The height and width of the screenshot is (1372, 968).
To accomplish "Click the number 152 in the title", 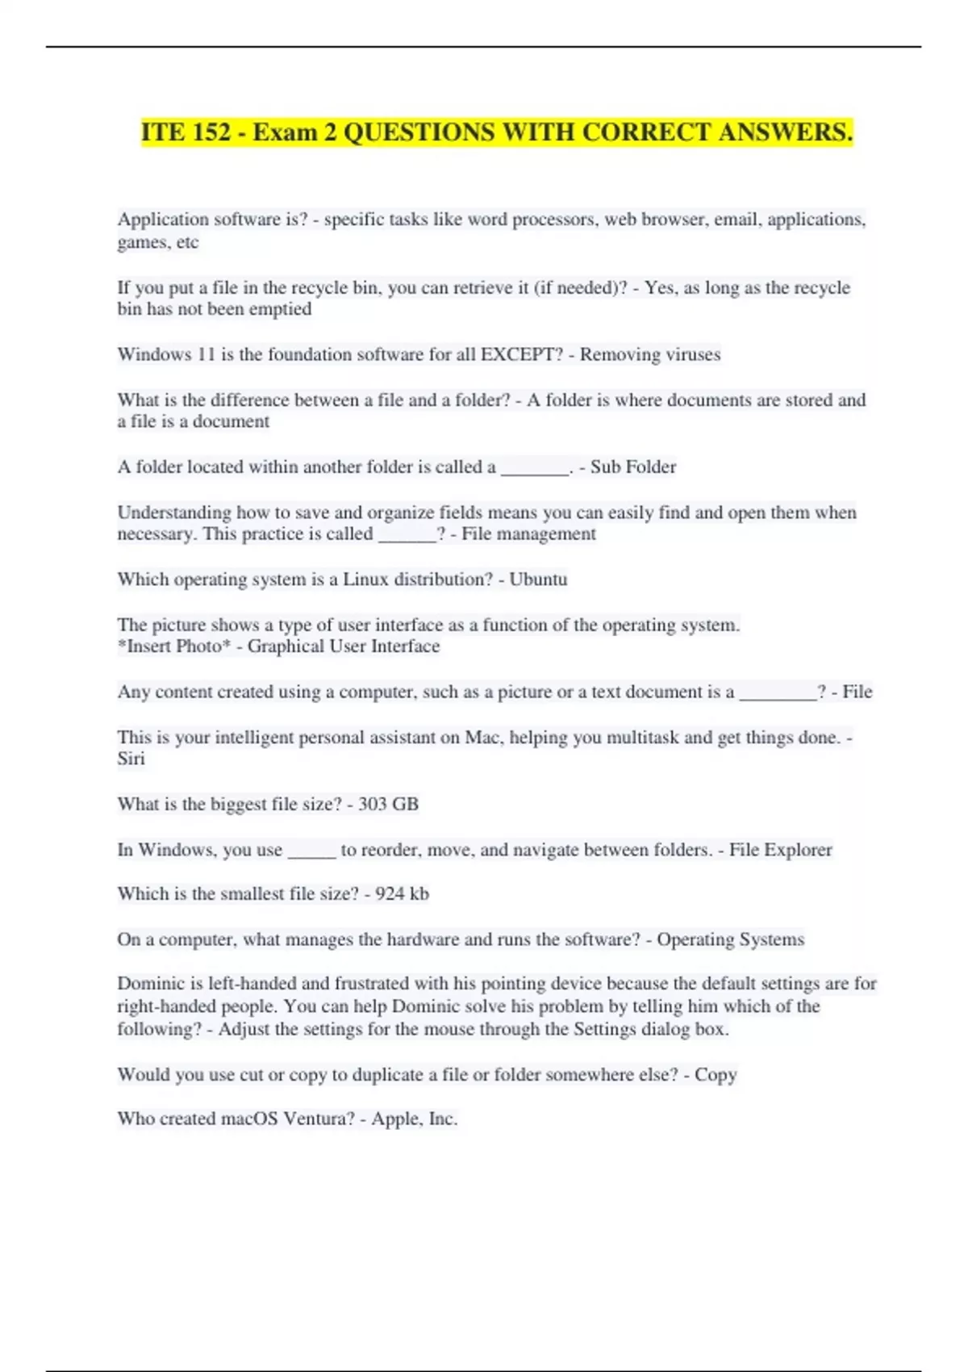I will pos(211,132).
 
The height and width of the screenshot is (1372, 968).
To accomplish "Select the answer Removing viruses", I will pos(650,354).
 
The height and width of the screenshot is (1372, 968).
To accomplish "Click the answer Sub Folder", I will pos(633,466).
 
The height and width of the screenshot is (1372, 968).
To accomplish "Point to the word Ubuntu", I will pos(538,579).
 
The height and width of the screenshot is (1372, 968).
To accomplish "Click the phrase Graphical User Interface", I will pos(344,646).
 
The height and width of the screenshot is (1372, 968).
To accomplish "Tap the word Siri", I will pos(131,759).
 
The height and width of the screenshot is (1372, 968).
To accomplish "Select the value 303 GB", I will pos(388,804).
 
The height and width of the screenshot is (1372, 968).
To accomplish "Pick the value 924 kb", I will pos(402,893).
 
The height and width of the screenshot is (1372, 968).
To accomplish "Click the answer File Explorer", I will pos(781,849).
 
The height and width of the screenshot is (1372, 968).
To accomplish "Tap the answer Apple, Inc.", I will pos(414,1119).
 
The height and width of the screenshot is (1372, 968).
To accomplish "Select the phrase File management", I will pos(528,533).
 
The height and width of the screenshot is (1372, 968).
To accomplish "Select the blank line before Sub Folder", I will pos(535,468).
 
